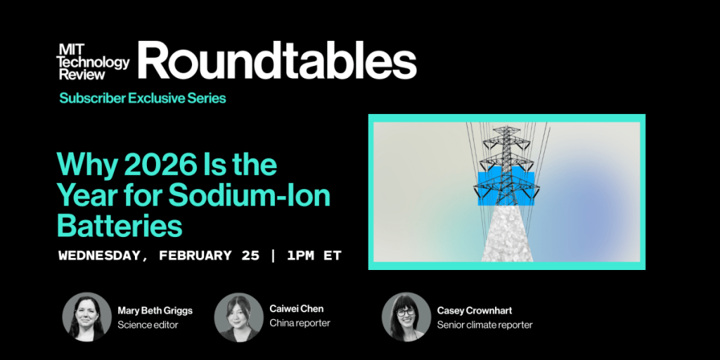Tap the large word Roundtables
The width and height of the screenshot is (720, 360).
click(x=277, y=60)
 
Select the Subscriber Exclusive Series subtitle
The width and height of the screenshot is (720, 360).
click(x=143, y=98)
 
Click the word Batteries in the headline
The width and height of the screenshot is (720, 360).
click(x=120, y=226)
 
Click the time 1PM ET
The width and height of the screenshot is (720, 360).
click(x=314, y=255)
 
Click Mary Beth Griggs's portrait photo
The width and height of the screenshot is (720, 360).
click(x=87, y=317)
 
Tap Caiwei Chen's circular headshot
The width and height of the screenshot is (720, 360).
click(x=239, y=317)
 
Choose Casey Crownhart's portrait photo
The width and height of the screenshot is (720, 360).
click(x=406, y=317)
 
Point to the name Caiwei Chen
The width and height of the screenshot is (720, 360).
click(x=297, y=309)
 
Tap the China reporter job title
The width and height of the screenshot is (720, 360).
click(x=300, y=323)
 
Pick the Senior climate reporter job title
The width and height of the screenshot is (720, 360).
click(x=484, y=325)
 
